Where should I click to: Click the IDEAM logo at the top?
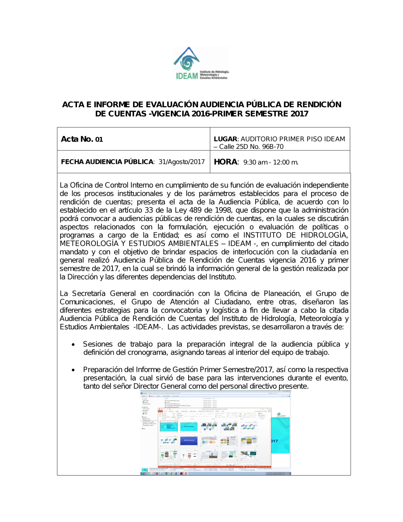[x=201, y=64]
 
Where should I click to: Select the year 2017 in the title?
[x=299, y=114]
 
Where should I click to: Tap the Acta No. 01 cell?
[x=82, y=139]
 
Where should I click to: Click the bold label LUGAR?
[x=225, y=139]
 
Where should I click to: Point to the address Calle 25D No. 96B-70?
[x=251, y=147]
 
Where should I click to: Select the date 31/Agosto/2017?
[x=182, y=162]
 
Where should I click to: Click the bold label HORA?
[x=226, y=162]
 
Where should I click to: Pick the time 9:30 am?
[x=256, y=162]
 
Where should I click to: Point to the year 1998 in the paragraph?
[x=223, y=210]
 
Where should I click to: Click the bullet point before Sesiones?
[x=73, y=345]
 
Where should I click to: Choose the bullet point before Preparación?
[x=73, y=370]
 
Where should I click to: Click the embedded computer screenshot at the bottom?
[x=215, y=433]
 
